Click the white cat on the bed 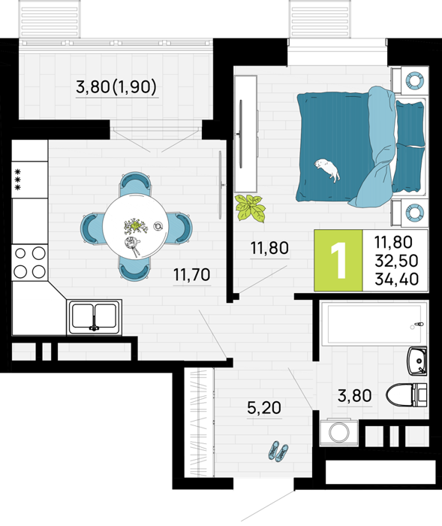pyautogui.click(x=327, y=169)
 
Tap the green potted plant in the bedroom pyautogui.click(x=250, y=208)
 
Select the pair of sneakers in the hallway pyautogui.click(x=278, y=451)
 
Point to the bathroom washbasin pyautogui.click(x=417, y=361)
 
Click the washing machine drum pyautogui.click(x=338, y=432)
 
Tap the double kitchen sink pyautogui.click(x=95, y=316)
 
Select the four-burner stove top pyautogui.click(x=29, y=263)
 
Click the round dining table pyautogui.click(x=135, y=225)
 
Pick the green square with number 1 pyautogui.click(x=338, y=260)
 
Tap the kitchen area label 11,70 pyautogui.click(x=191, y=275)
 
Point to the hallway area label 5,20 pyautogui.click(x=264, y=408)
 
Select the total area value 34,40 pyautogui.click(x=397, y=279)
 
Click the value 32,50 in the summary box pyautogui.click(x=397, y=260)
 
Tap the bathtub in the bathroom pyautogui.click(x=374, y=324)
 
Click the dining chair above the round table pyautogui.click(x=135, y=183)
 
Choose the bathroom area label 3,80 pyautogui.click(x=354, y=395)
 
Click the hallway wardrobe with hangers pyautogui.click(x=199, y=422)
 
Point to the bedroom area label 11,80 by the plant pyautogui.click(x=269, y=248)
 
